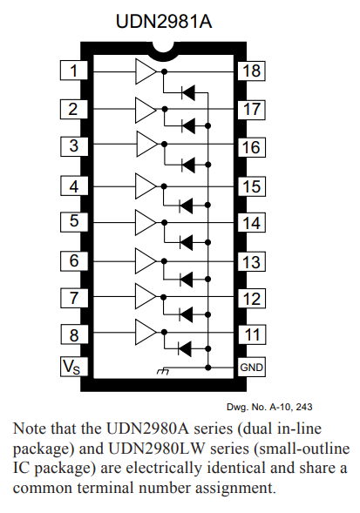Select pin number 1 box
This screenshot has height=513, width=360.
pos(74,71)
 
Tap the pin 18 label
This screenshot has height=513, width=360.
pos(252,71)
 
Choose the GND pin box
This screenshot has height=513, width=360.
pos(252,367)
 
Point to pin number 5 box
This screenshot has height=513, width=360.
pos(74,222)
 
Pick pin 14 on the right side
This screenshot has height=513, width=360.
pos(252,223)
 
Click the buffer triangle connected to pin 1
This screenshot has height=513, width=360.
pos(145,71)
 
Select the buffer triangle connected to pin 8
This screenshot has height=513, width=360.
pos(145,330)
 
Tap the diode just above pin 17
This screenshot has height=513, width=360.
pos(187,90)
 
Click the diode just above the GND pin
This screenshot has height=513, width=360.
pos(187,348)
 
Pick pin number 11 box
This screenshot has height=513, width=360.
pos(252,334)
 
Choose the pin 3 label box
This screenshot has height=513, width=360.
pos(74,145)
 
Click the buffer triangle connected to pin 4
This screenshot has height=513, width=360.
pos(145,185)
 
